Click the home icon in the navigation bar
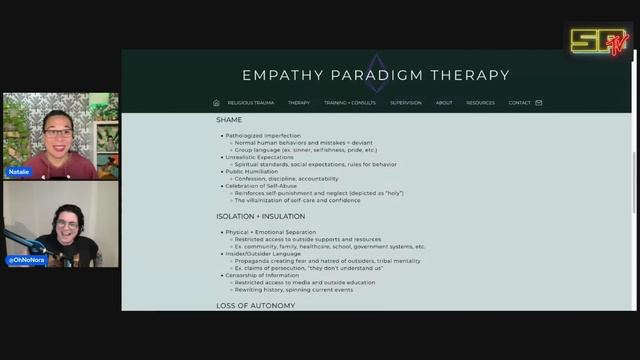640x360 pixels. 216,103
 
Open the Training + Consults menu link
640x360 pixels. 349,103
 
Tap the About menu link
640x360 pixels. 443,103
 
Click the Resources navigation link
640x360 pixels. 480,103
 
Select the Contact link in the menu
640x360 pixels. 519,103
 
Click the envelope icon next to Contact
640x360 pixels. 539,103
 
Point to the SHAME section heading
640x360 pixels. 229,120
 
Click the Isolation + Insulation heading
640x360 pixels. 260,216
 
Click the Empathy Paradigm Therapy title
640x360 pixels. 376,75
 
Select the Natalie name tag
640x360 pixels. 19,172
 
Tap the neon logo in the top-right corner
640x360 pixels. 599,41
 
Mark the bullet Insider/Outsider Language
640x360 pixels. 264,254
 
